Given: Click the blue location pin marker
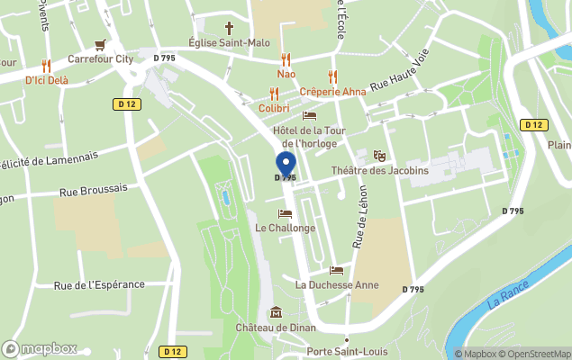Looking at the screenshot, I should [285, 165].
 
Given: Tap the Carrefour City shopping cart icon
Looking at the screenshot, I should [100, 44].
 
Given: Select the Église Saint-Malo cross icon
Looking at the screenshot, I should [229, 28].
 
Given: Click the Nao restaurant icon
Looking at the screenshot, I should [286, 59].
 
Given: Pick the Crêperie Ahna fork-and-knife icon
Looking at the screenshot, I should [332, 76].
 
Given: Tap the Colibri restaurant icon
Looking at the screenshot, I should [274, 93].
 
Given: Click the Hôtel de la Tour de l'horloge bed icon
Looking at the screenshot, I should [309, 116].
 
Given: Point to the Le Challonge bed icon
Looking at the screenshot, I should [285, 213].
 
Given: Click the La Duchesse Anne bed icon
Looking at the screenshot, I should [336, 270].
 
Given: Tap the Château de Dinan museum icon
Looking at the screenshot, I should [275, 312].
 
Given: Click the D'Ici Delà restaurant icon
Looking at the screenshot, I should [46, 66].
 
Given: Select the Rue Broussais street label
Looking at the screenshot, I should [93, 190].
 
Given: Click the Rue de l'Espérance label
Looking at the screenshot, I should [99, 285].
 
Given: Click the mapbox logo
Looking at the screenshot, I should [39, 348].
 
